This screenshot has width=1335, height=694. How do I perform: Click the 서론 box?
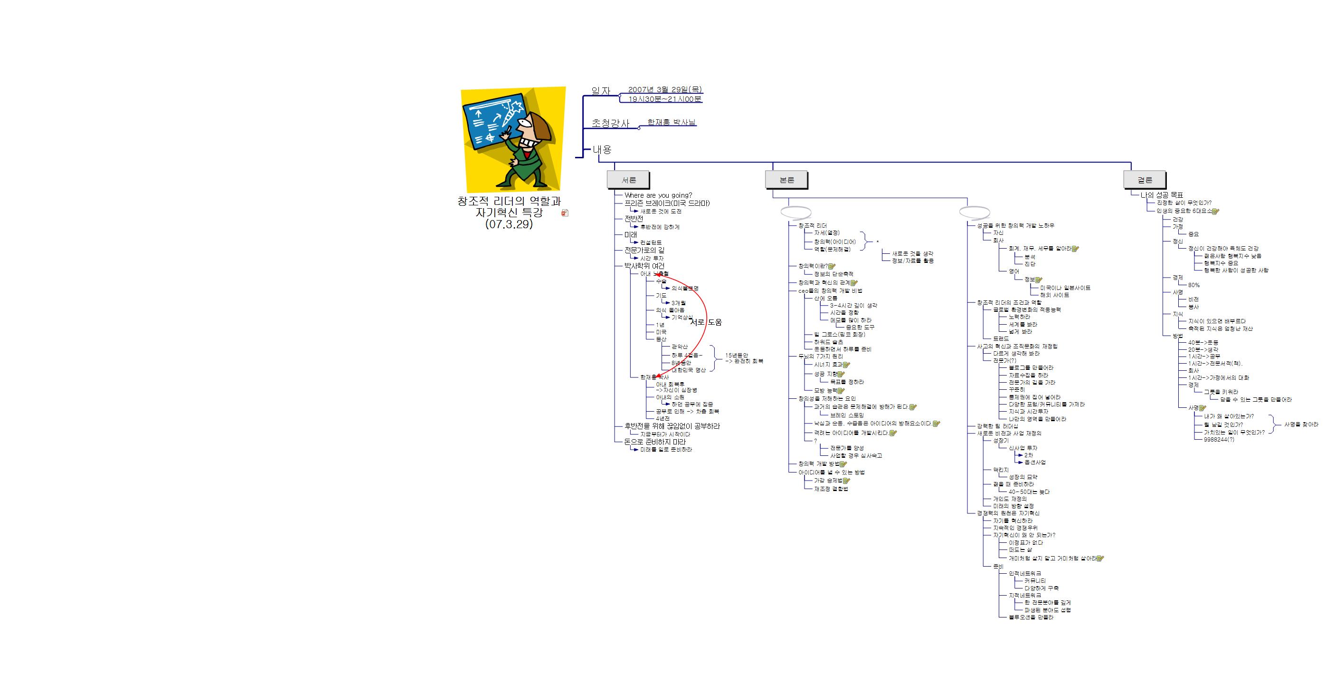point(628,180)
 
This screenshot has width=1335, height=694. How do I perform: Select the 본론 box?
point(786,180)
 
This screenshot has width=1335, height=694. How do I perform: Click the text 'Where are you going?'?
point(658,195)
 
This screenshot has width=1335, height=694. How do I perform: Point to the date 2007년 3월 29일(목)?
point(664,90)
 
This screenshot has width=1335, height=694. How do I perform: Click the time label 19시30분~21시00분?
point(664,99)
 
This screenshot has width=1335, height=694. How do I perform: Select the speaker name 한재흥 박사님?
point(671,123)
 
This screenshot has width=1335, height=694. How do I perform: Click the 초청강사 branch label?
point(610,124)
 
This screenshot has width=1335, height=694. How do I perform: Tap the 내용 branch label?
point(602,150)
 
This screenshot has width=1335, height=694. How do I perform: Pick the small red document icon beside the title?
point(565,212)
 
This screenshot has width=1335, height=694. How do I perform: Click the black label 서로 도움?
point(705,322)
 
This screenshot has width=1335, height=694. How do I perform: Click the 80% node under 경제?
point(1193,285)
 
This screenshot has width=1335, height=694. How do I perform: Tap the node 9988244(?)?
point(1219,439)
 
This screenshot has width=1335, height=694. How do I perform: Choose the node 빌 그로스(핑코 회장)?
point(839,335)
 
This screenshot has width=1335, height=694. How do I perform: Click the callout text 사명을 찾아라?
point(1301,424)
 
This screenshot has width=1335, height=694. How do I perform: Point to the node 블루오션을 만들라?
point(1031,617)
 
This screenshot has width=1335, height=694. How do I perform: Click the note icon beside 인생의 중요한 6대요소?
point(1216,212)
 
